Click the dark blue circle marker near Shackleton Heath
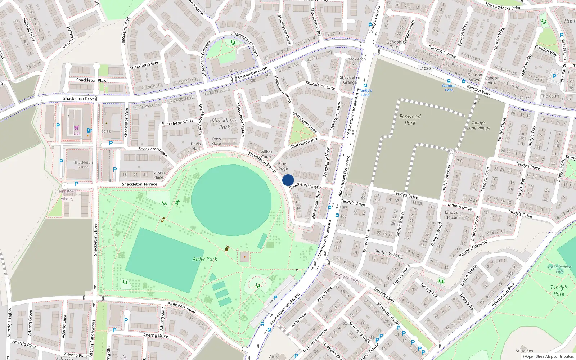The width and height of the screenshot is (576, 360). pyautogui.click(x=288, y=180)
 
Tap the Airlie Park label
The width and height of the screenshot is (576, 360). pyautogui.click(x=205, y=259)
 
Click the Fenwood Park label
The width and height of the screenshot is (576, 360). pyautogui.click(x=410, y=120)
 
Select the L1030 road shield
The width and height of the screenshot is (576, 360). pyautogui.click(x=425, y=68)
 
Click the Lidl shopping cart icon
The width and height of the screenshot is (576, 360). pyautogui.click(x=77, y=127)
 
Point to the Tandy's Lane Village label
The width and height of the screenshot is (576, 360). pyautogui.click(x=478, y=125)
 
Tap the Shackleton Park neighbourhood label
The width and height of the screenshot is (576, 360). pyautogui.click(x=224, y=123)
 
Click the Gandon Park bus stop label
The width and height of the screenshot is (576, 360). pyautogui.click(x=449, y=88)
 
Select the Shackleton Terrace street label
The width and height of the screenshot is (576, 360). pyautogui.click(x=139, y=184)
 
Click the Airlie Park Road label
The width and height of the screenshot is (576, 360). pyautogui.click(x=181, y=307)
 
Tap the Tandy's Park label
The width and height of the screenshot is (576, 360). pyautogui.click(x=559, y=290)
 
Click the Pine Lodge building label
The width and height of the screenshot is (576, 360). pyautogui.click(x=282, y=166)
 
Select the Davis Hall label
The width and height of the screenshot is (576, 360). pyautogui.click(x=196, y=146)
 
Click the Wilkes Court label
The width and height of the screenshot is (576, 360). pyautogui.click(x=266, y=154)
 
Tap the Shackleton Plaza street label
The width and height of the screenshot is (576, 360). pyautogui.click(x=91, y=80)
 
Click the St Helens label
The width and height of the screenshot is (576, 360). pyautogui.click(x=524, y=351)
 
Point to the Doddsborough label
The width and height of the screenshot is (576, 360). pyautogui.click(x=347, y=277)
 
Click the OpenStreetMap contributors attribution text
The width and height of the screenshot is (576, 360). pyautogui.click(x=548, y=356)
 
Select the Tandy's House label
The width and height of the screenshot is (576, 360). pyautogui.click(x=451, y=215)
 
